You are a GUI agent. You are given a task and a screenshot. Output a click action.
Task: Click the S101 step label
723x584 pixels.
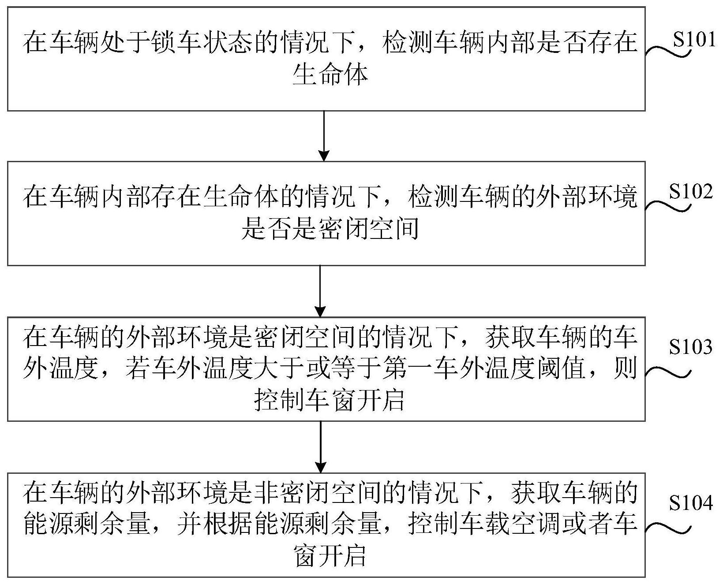click(x=693, y=40)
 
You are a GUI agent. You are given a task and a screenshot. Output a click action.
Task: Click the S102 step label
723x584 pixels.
click(x=690, y=193)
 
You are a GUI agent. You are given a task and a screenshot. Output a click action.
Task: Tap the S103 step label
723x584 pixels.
click(x=690, y=347)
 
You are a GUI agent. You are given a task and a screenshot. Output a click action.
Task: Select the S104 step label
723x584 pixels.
click(x=690, y=503)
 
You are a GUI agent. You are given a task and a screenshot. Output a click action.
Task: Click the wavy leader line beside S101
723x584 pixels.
click(x=667, y=52)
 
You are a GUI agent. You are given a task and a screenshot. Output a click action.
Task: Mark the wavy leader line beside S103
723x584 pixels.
click(x=667, y=372)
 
